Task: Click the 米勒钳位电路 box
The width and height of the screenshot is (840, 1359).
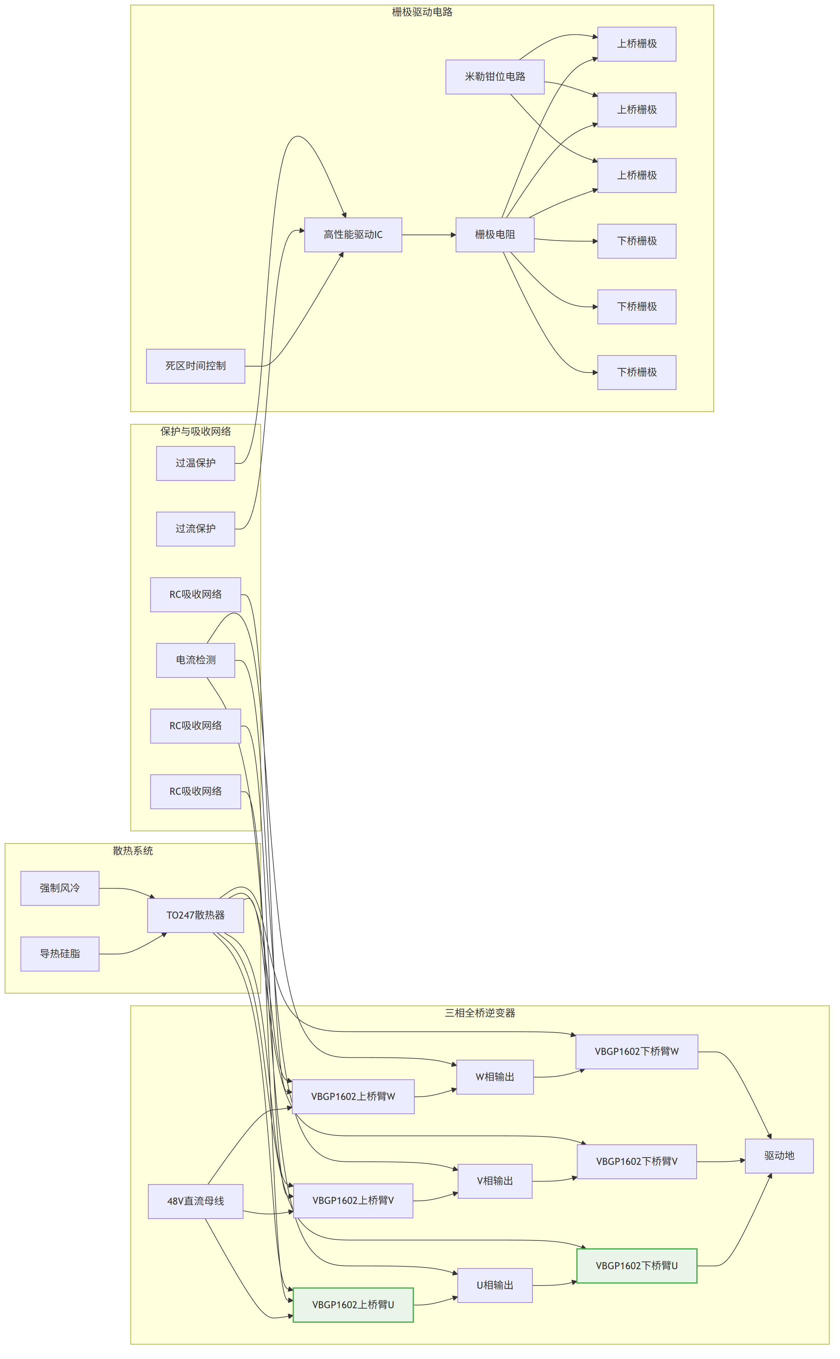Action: [x=494, y=77]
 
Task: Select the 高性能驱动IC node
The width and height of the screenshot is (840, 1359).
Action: [x=353, y=235]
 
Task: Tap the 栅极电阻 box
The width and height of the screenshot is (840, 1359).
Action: [x=494, y=235]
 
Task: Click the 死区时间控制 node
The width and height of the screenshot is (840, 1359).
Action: [x=195, y=365]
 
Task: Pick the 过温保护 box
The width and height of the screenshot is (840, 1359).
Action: [x=195, y=463]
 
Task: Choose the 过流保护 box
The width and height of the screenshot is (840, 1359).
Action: [x=195, y=528]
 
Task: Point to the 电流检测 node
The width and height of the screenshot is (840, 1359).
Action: [x=195, y=660]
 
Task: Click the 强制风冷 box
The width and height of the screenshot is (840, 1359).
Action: [x=60, y=888]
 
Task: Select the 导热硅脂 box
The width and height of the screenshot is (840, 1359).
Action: [x=60, y=953]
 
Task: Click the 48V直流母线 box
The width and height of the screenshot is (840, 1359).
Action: [x=195, y=1201]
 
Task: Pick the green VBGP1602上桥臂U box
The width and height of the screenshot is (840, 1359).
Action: [x=353, y=1305]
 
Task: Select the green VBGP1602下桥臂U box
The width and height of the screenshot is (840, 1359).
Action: [x=637, y=1266]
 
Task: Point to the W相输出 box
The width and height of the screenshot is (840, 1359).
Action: [x=494, y=1077]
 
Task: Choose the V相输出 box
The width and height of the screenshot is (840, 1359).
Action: [x=494, y=1181]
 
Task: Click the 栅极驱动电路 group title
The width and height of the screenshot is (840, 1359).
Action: [x=422, y=12]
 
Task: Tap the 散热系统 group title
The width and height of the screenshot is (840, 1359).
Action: [x=133, y=851]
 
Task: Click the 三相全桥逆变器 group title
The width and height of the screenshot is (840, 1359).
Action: [x=480, y=1013]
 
